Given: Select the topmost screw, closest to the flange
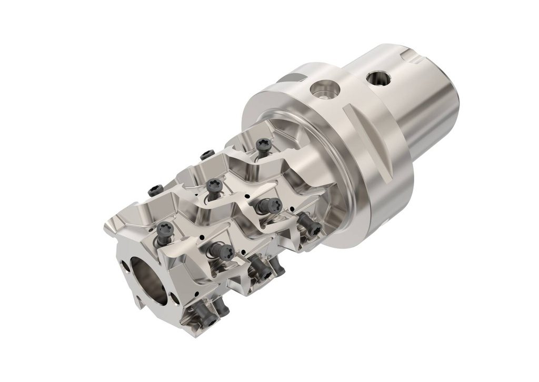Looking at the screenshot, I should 262,145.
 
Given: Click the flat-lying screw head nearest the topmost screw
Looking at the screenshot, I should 207,154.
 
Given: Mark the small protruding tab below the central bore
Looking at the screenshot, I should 138,304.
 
